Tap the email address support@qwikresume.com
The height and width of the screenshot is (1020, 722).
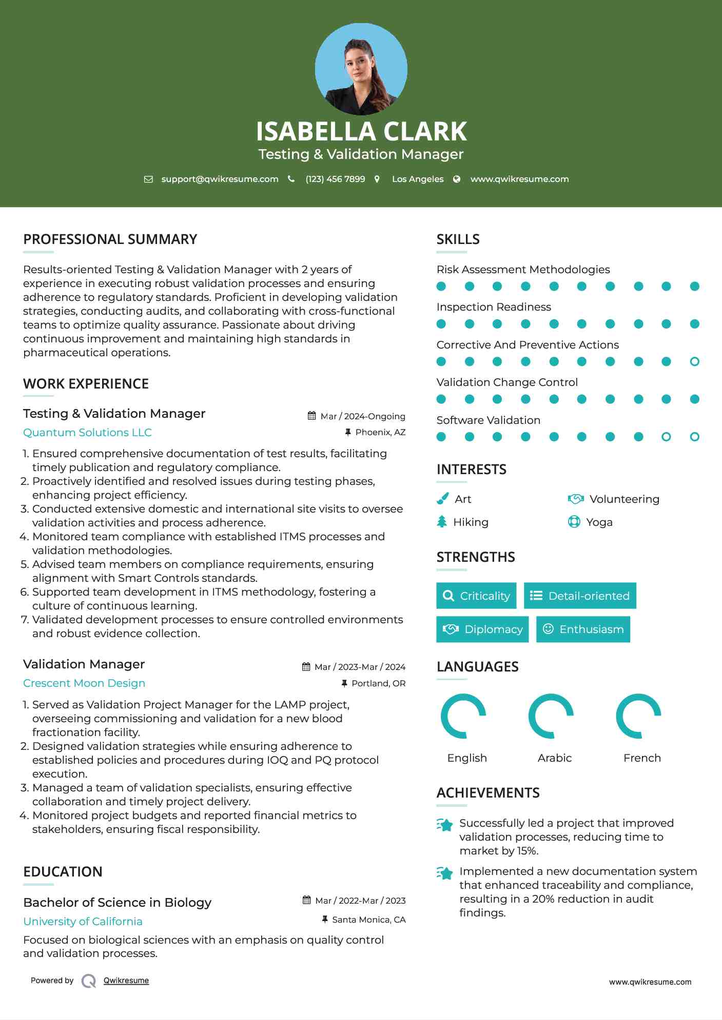point(220,179)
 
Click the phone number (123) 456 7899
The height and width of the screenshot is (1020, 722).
point(335,179)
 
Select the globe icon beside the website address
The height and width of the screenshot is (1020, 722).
point(457,179)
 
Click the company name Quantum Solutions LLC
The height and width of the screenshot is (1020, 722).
point(87,432)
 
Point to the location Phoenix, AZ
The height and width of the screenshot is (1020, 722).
point(380,432)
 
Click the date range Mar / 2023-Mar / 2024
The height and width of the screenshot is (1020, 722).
point(360,667)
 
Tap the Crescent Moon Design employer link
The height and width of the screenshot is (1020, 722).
point(84,683)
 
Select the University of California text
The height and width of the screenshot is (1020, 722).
point(83,921)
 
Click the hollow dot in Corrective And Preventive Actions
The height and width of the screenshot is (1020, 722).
point(694,361)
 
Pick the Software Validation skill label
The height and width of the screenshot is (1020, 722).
point(488,420)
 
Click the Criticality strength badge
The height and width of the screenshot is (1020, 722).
point(476,596)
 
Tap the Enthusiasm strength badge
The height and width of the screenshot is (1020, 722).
point(583,629)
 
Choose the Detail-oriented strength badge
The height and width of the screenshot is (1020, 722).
point(580,596)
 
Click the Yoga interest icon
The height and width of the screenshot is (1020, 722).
point(574,522)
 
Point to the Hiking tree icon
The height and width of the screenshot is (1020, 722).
point(442,522)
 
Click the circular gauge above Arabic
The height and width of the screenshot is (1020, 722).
point(551,716)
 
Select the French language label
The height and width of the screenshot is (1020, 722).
point(642,758)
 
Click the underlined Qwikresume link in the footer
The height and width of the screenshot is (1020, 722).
point(126,980)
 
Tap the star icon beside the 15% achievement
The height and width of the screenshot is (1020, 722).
point(445,825)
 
